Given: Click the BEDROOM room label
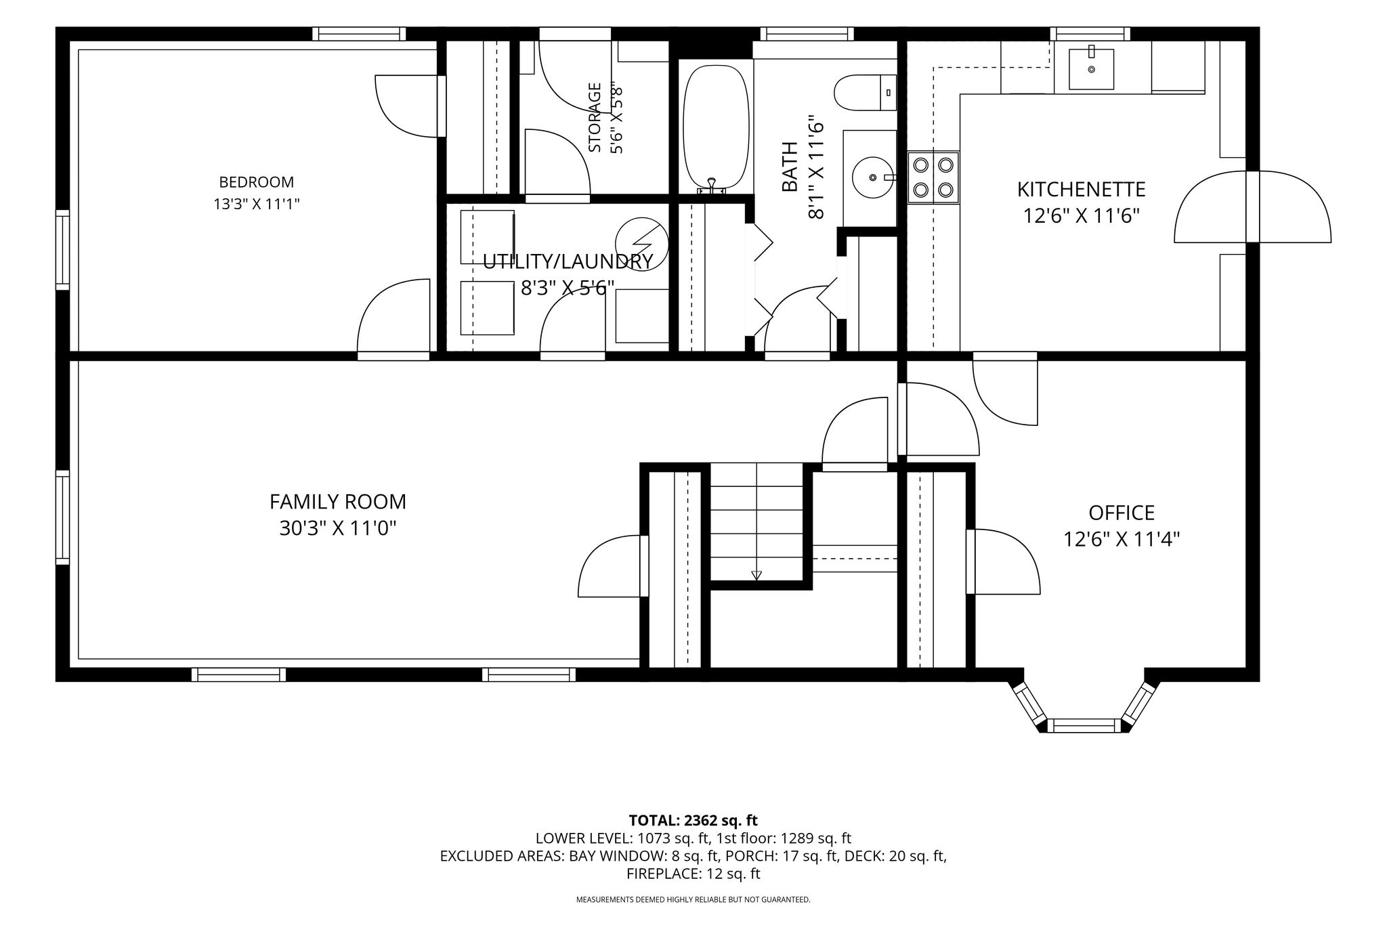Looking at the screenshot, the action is pos(256,182).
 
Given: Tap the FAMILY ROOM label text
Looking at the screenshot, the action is pos(338,502).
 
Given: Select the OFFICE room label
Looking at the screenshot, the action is pos(1122,513).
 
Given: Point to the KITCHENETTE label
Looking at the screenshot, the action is pos(1082,189).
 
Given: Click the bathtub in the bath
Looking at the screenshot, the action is pos(716,127).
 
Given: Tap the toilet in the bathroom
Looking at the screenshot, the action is pos(866,93).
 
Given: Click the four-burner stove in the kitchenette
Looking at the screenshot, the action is pos(933,177).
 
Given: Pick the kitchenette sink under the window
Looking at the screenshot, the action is pos(1091,69).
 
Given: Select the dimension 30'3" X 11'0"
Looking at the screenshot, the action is pos(337,528).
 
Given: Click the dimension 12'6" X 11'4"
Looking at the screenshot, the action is pos(1122,539).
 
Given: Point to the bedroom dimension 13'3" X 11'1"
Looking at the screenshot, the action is pos(256,204).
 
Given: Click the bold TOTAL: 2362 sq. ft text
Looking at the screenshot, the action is pos(693,821).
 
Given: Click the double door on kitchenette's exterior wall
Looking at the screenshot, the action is pos(1252,207).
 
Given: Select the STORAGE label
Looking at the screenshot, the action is pos(595,117).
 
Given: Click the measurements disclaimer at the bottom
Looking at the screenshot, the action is pos(693,900).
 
